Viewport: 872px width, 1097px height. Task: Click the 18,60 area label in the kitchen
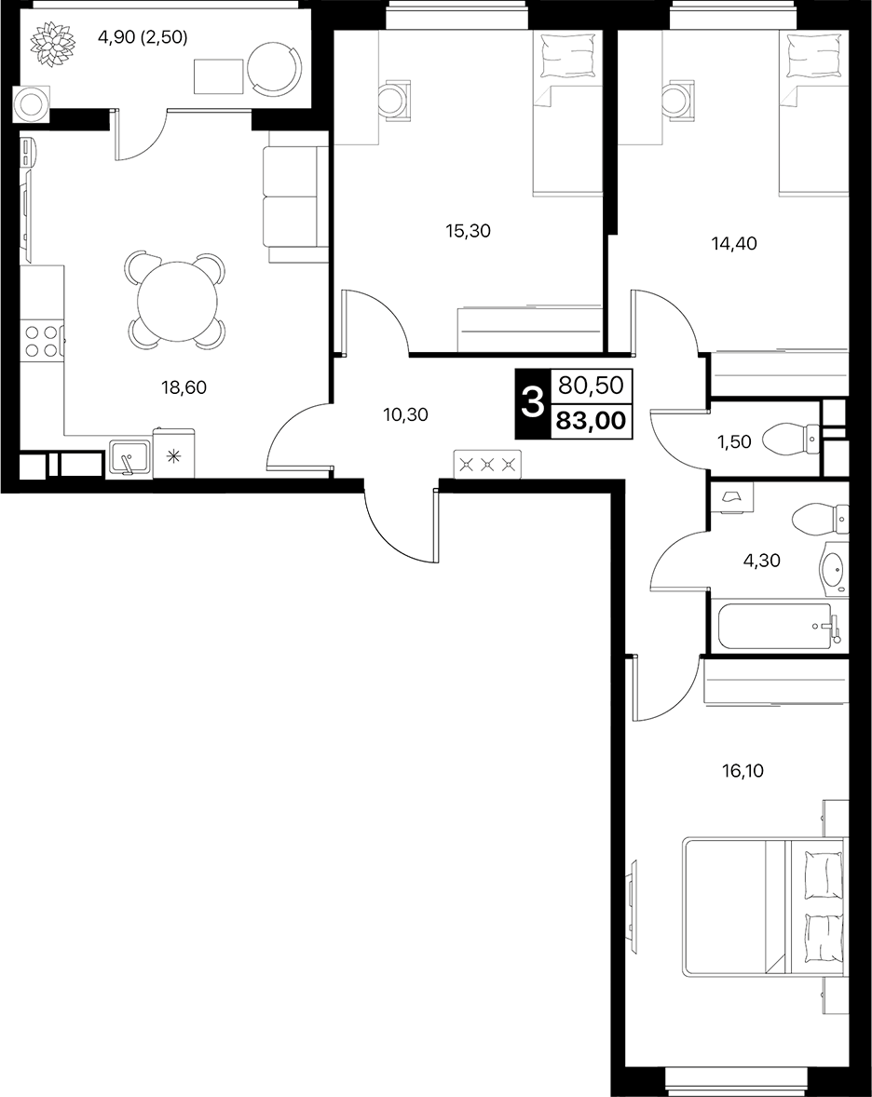click(184, 386)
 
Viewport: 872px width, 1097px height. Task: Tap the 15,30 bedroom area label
click(469, 231)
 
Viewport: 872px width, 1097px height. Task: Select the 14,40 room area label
click(734, 243)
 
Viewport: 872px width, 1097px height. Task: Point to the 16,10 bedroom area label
click(743, 771)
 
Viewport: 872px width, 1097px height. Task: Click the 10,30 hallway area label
click(406, 415)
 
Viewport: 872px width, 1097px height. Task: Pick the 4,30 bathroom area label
click(761, 561)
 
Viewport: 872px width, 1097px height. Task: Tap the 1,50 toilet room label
click(735, 442)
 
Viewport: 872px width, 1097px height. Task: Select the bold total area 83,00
click(591, 422)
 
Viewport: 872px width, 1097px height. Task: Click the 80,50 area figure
click(591, 385)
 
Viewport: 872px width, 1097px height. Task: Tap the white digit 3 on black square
click(533, 403)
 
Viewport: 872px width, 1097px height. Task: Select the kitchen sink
click(129, 459)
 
